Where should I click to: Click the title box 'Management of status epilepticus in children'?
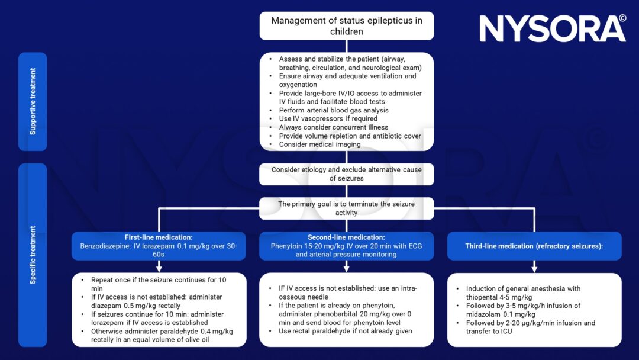point(346,25)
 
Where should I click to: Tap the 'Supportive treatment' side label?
point(33,101)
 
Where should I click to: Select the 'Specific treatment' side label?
point(33,255)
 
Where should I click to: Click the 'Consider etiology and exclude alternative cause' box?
point(346,174)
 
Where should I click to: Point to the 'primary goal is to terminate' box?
point(346,208)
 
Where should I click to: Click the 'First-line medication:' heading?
point(159,237)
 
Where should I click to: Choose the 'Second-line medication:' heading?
point(346,237)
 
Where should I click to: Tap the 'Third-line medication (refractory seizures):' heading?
point(534,246)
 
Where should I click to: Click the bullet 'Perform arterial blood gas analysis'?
point(334,110)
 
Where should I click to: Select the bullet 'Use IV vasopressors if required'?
point(328,118)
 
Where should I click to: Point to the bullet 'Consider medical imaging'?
point(319,144)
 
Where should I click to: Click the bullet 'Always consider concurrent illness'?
point(334,127)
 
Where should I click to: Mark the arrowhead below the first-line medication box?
point(159,268)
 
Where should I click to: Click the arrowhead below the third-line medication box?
point(534,268)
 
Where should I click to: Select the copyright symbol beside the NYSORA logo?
point(622,18)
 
